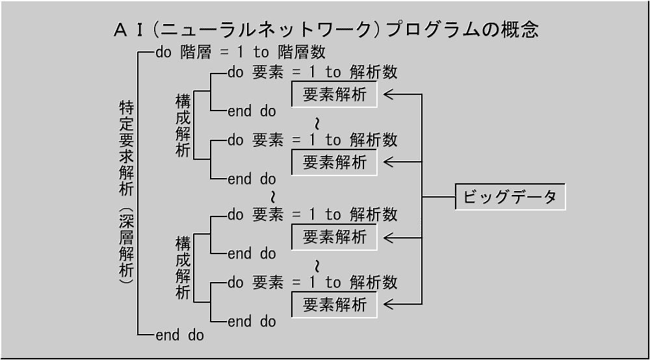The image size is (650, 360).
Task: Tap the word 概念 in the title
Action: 519,30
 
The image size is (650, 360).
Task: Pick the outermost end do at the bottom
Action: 179,335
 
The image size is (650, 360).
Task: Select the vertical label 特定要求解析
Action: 126,148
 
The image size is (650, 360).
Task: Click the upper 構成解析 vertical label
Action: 183,125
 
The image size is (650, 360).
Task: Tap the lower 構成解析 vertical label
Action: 183,268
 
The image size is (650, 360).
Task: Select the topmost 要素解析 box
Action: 335,95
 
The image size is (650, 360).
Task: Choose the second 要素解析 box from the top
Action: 335,162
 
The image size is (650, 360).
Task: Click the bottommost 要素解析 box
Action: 335,305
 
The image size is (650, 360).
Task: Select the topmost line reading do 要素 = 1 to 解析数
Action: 313,71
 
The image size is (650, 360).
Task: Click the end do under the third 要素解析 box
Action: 252,253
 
